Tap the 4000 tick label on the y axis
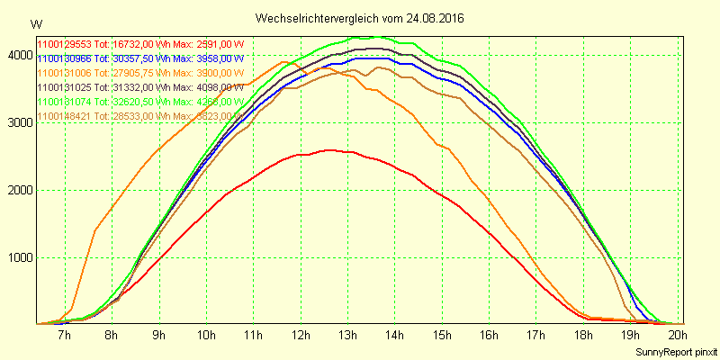18,55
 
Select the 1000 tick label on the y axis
18,258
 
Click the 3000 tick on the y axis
18,122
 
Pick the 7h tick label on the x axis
64,335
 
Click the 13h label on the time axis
346,335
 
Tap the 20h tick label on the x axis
675,335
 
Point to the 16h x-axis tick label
488,335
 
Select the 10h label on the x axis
205,335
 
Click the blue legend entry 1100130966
63,58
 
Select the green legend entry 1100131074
63,102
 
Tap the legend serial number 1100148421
63,116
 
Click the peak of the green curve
378,37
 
